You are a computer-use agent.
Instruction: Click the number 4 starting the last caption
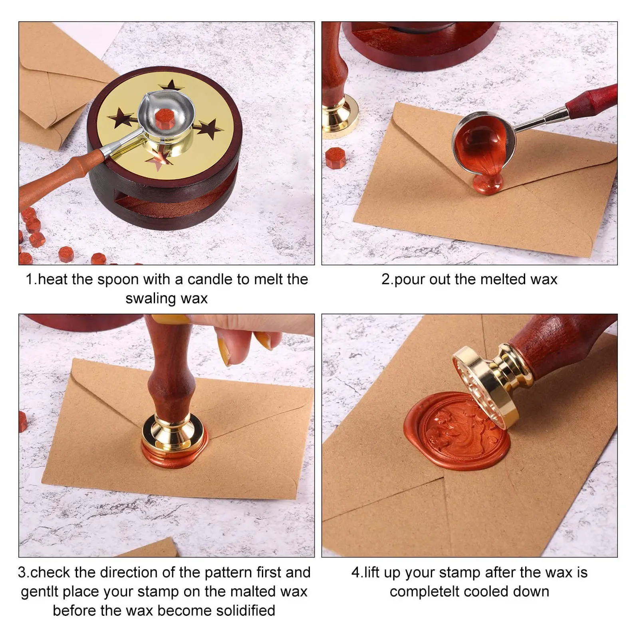(x=355, y=572)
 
